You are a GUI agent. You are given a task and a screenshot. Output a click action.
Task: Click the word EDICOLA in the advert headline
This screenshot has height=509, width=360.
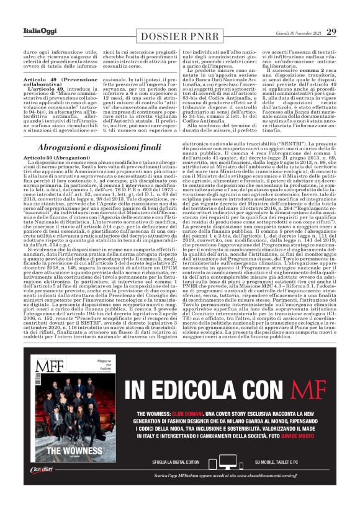(x=209, y=391)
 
